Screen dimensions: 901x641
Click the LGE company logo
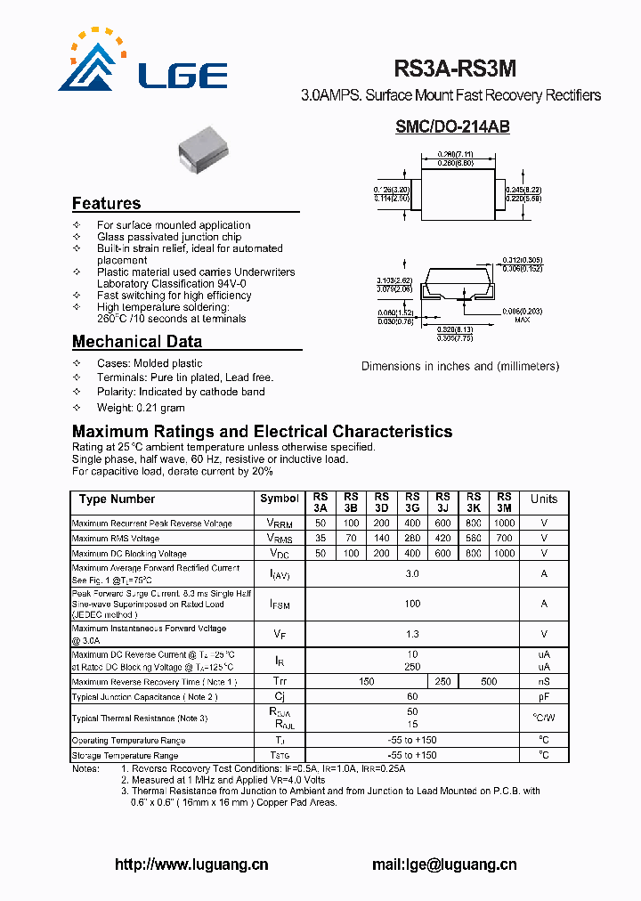click(x=142, y=62)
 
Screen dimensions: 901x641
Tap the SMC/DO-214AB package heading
click(x=452, y=127)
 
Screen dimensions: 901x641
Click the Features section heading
click(x=106, y=203)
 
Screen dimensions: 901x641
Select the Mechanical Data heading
click(x=136, y=342)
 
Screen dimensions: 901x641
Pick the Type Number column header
click(x=117, y=499)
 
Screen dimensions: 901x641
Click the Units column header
click(x=543, y=499)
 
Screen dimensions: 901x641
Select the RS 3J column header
click(x=442, y=502)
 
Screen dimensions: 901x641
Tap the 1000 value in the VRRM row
click(x=504, y=524)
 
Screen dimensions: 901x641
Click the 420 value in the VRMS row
click(x=442, y=539)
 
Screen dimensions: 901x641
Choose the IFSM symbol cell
click(x=280, y=605)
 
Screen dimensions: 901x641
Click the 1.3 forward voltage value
click(x=412, y=634)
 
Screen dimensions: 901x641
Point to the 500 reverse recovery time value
click(x=489, y=682)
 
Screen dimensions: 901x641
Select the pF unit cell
click(x=543, y=697)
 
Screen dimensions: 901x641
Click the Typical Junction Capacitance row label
click(x=144, y=697)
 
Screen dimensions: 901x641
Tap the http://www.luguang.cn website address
click(x=191, y=864)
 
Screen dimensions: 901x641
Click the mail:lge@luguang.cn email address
click(x=443, y=864)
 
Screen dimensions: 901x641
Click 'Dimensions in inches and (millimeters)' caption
click(x=460, y=366)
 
